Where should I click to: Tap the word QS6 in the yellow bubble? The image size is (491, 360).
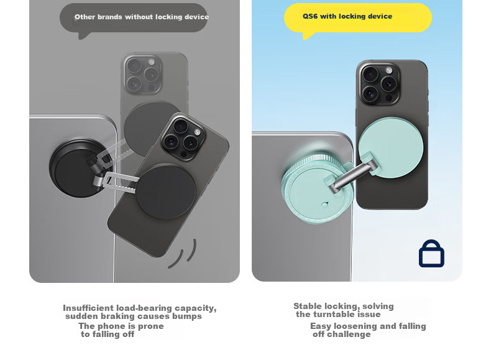310,16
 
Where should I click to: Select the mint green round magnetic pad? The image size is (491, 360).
391,147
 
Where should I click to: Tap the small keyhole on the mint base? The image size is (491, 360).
324,205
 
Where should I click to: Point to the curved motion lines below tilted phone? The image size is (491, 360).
183,254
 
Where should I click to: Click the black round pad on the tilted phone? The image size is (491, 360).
166,192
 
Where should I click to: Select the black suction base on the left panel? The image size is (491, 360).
75,168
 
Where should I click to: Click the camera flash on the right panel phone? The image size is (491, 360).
388,70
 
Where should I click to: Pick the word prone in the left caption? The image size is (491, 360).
150,326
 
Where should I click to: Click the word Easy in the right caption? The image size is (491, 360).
321,326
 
